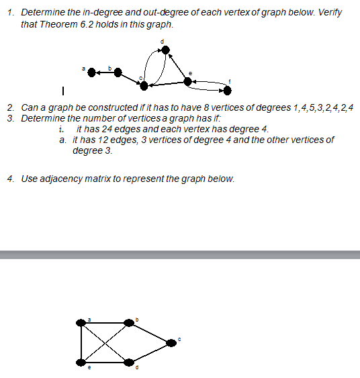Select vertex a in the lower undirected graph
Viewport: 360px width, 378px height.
pos(82,323)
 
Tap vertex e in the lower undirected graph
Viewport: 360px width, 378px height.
pos(82,363)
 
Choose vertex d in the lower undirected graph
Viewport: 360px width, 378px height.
pos(129,363)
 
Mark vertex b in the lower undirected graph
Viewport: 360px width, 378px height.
pos(129,323)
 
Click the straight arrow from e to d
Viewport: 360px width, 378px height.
pos(177,65)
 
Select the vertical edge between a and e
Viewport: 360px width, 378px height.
pos(82,342)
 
